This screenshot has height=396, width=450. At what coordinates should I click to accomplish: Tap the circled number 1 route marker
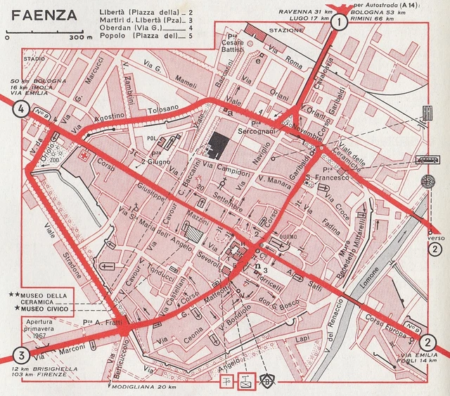340,23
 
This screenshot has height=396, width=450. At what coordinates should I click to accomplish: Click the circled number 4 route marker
20,109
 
